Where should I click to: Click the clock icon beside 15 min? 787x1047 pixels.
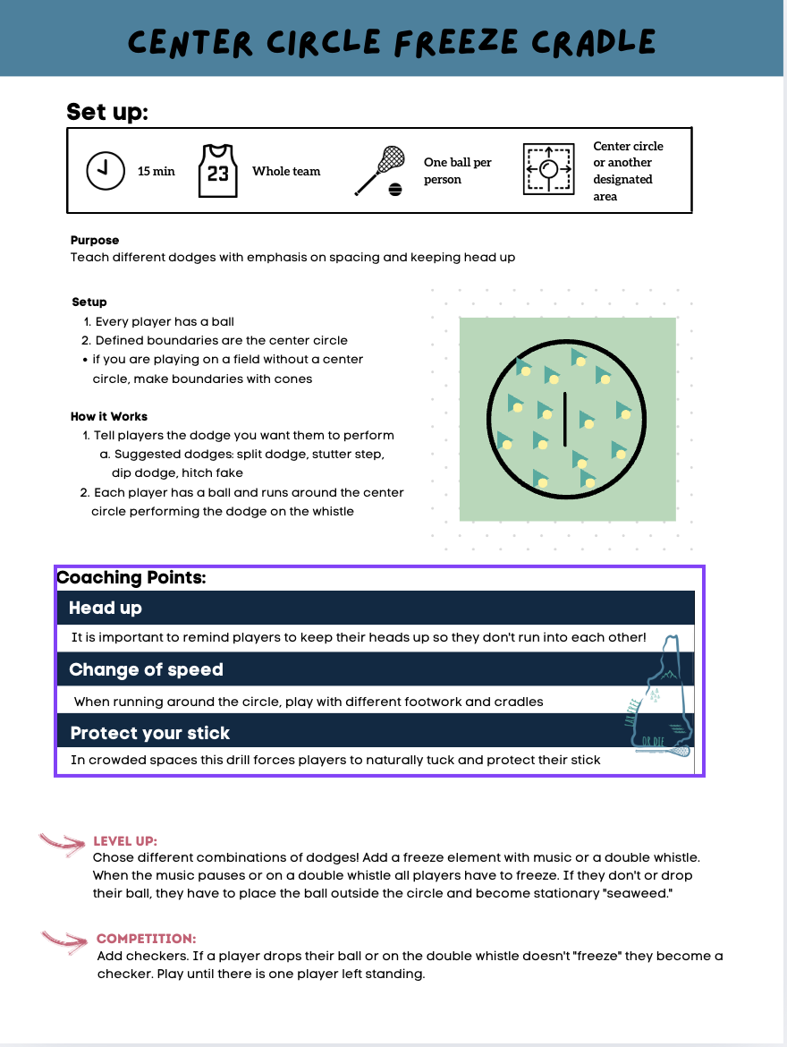pos(106,171)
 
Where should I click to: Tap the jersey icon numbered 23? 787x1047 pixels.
pos(217,170)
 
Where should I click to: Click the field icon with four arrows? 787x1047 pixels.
pos(548,169)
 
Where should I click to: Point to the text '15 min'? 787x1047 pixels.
pos(157,171)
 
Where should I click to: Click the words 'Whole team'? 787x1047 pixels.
pos(286,171)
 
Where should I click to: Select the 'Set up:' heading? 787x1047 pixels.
pos(107,113)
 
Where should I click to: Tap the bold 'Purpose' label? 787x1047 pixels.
pos(95,240)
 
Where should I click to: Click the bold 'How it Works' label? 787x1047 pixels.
pos(109,416)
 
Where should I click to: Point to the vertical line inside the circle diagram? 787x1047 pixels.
pos(564,418)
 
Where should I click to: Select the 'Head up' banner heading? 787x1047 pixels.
pos(106,608)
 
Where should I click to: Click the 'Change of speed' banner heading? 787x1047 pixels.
pos(146,669)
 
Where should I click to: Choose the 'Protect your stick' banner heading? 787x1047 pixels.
pos(150,733)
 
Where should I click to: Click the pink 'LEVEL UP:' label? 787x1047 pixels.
pos(125,841)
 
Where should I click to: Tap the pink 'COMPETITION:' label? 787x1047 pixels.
pos(146,939)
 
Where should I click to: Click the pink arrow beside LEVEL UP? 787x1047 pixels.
pos(63,843)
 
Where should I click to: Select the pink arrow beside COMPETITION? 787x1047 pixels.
pos(66,940)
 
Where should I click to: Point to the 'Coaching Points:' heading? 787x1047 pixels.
pos(131,577)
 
